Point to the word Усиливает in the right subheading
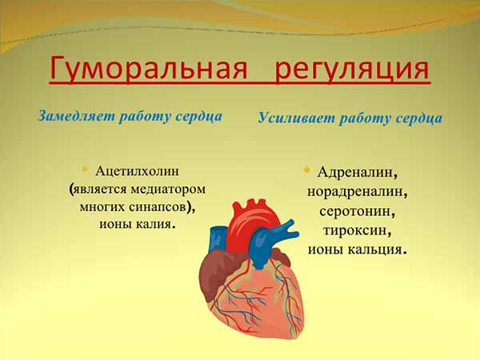point(293,118)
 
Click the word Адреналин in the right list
point(357,173)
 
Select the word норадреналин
point(357,192)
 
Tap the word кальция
point(379,250)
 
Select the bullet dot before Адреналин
point(306,170)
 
